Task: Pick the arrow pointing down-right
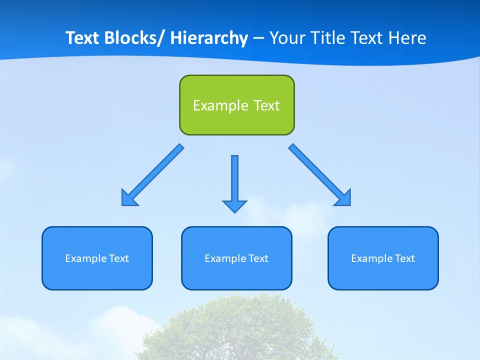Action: pyautogui.click(x=320, y=175)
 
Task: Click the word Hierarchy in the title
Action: pyautogui.click(x=209, y=38)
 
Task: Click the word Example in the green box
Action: pyautogui.click(x=220, y=105)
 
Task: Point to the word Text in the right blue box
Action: pyautogui.click(x=404, y=258)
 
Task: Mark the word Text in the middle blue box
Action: pyautogui.click(x=258, y=258)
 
